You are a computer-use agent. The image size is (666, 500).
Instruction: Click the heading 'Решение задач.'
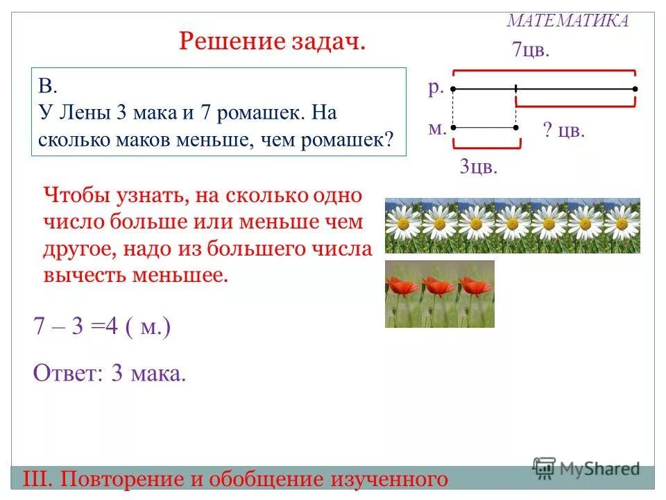[x=272, y=42]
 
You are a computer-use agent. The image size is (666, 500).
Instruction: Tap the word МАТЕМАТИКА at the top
[x=567, y=20]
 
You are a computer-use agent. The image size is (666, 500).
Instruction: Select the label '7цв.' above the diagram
[x=530, y=50]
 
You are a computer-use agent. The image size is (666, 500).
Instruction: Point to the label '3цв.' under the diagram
[x=479, y=167]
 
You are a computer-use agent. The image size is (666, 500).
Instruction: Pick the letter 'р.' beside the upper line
[x=436, y=87]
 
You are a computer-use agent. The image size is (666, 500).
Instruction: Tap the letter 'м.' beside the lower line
[x=437, y=128]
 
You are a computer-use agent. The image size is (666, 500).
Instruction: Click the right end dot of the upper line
[x=635, y=89]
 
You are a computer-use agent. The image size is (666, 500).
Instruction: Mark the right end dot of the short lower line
[x=515, y=128]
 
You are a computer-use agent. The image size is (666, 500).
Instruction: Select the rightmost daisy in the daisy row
[x=622, y=224]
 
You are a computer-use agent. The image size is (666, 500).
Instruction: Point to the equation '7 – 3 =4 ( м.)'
[x=101, y=328]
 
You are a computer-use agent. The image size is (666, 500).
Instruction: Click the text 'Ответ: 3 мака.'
[x=110, y=374]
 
